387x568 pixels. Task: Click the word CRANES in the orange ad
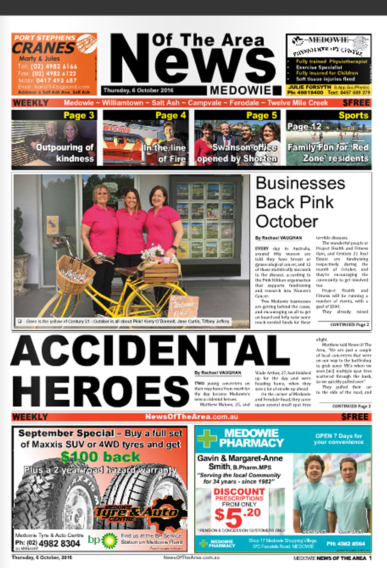click(x=43, y=48)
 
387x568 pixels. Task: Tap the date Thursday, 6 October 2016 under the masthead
click(x=138, y=91)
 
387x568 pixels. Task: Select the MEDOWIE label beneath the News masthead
click(x=240, y=91)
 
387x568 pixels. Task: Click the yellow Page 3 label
click(x=79, y=115)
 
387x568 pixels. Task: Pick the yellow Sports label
click(x=353, y=115)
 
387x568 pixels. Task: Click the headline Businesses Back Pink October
click(x=300, y=202)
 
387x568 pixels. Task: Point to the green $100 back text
click(x=100, y=456)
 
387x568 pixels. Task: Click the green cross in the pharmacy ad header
click(x=207, y=438)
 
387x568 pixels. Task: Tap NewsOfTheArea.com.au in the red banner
click(x=192, y=417)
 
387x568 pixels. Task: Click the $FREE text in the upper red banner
click(x=356, y=103)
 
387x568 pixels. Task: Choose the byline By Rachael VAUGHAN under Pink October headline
click(x=278, y=237)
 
